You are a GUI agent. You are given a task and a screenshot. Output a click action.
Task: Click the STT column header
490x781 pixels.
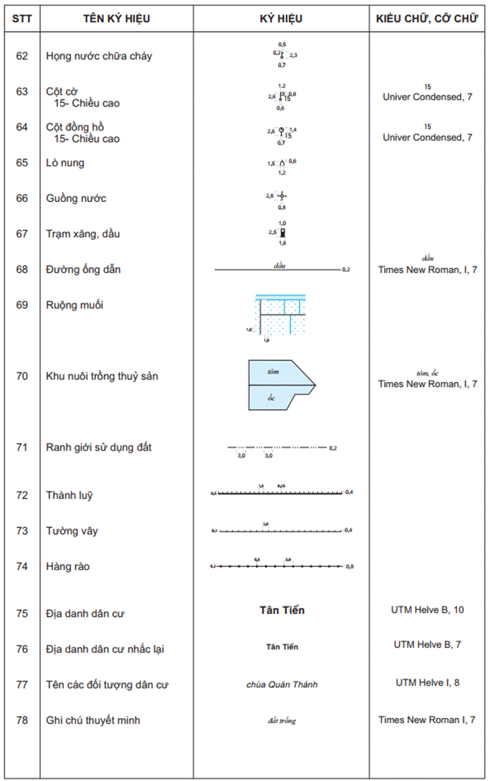click(22, 19)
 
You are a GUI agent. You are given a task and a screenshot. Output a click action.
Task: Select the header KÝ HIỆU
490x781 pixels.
click(281, 19)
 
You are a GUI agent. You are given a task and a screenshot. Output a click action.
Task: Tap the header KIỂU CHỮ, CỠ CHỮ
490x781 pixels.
click(427, 19)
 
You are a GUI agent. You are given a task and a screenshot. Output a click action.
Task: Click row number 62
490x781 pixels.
click(22, 56)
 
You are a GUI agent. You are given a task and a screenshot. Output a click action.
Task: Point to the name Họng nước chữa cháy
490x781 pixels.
click(99, 56)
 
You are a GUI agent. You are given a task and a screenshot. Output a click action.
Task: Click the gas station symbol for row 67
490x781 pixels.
click(283, 233)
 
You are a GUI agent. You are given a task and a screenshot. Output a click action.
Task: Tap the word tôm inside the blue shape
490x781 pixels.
click(272, 371)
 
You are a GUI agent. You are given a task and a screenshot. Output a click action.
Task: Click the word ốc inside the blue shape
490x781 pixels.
click(271, 398)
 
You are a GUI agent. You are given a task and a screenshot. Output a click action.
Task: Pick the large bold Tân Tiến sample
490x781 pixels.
click(282, 610)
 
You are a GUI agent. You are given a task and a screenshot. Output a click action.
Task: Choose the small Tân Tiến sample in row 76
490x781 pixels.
click(282, 647)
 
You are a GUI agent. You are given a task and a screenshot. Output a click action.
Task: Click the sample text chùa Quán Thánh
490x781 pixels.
click(282, 684)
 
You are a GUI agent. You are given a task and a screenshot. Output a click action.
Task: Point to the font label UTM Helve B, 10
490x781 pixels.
click(427, 610)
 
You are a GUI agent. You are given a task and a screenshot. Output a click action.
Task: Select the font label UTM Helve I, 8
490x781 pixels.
click(427, 682)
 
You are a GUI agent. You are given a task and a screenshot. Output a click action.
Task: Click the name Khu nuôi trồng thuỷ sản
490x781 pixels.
click(102, 376)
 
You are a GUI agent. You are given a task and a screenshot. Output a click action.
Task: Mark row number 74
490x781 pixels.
click(22, 566)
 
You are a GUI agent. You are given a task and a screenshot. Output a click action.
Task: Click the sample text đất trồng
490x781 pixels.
click(282, 721)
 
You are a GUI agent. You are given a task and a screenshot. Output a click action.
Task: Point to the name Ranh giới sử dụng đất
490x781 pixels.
click(99, 447)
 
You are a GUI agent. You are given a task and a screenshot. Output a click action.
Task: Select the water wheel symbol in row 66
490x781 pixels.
click(282, 196)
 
